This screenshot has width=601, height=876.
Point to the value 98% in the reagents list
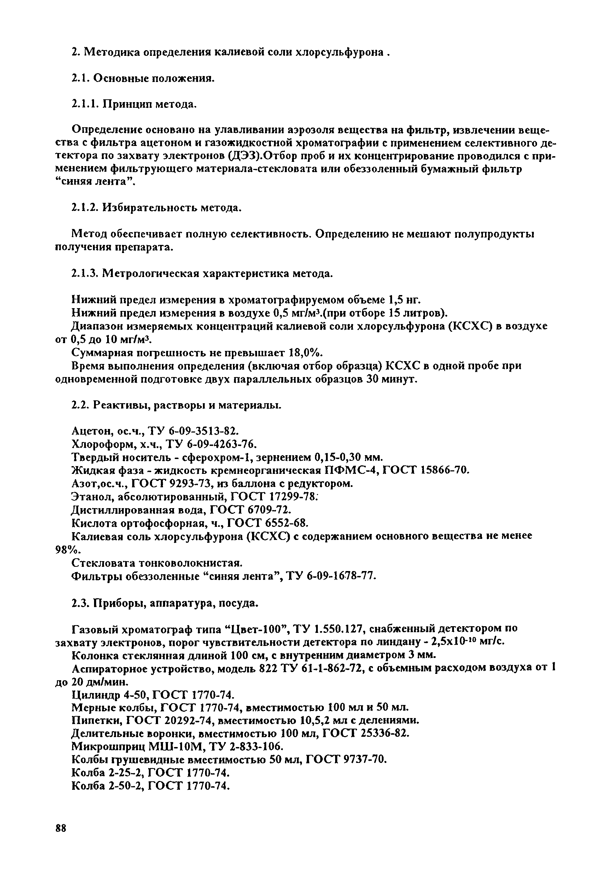point(65,549)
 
